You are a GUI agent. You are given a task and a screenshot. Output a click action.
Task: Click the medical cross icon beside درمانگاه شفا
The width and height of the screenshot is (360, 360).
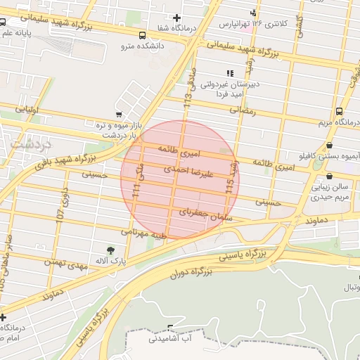pyautogui.click(x=176, y=18)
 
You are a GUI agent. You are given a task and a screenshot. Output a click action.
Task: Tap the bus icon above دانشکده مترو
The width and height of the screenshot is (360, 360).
pyautogui.click(x=143, y=35)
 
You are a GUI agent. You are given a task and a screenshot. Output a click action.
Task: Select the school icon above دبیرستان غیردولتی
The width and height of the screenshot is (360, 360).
pyautogui.click(x=229, y=73)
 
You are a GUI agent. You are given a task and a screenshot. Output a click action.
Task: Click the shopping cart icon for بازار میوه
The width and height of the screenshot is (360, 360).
pyautogui.click(x=118, y=115)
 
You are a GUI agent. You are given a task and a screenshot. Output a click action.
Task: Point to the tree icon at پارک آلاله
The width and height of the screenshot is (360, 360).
pyautogui.click(x=110, y=250)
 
